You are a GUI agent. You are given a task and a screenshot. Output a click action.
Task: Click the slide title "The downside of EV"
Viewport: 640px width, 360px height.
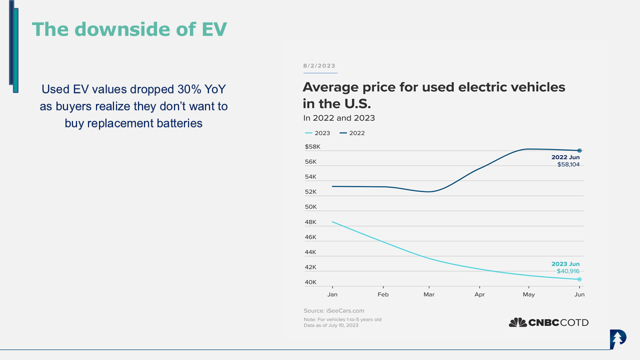(x=129, y=29)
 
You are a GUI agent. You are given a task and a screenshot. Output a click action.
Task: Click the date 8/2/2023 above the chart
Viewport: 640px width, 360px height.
(x=319, y=66)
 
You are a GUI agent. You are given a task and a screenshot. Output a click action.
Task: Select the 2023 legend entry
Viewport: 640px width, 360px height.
(x=317, y=133)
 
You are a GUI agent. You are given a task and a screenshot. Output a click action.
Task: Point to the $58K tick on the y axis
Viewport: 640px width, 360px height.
(x=312, y=147)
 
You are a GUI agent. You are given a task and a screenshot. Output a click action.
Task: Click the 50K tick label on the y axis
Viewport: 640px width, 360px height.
(x=310, y=207)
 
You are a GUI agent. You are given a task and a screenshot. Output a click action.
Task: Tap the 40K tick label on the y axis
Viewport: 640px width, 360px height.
(x=310, y=282)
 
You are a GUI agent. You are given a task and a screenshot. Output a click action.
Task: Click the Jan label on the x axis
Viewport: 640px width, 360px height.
(x=332, y=294)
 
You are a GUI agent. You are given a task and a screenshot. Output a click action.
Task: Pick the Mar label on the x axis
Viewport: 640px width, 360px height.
(x=429, y=294)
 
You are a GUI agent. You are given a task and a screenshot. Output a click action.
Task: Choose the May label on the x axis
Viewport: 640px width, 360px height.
(x=528, y=294)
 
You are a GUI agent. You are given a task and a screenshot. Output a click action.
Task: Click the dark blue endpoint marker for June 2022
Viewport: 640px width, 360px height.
(x=579, y=150)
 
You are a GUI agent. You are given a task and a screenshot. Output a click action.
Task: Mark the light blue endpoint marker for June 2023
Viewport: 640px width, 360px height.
(x=579, y=279)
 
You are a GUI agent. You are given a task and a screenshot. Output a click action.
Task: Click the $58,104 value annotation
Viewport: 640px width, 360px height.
(x=568, y=164)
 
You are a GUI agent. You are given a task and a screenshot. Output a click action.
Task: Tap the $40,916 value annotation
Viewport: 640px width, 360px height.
(x=568, y=271)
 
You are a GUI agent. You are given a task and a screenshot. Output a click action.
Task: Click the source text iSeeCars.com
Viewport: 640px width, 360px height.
(x=334, y=310)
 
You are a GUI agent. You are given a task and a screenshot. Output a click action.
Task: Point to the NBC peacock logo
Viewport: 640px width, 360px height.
(x=518, y=322)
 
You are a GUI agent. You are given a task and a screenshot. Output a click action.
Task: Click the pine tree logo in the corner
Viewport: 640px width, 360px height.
(x=618, y=339)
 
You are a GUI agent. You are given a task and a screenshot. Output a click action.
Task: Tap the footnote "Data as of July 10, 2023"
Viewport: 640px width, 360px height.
(x=331, y=325)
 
